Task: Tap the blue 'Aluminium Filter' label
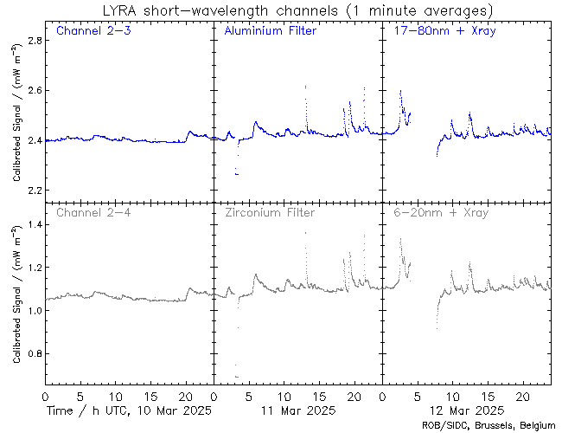(270, 31)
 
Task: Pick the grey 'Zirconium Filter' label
(270, 212)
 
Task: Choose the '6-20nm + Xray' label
(440, 212)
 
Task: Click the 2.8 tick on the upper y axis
(29, 41)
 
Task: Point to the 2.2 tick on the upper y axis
(29, 190)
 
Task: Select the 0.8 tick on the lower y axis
(29, 354)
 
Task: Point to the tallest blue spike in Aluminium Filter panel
(305, 87)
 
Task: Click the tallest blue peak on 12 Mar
(400, 90)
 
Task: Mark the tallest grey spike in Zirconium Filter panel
(305, 233)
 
